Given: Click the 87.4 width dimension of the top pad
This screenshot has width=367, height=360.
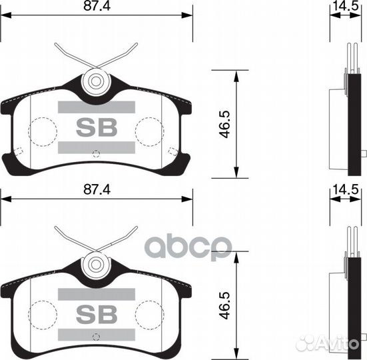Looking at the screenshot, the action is (x=97, y=6).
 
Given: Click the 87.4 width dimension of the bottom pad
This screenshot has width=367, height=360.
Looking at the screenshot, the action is (x=97, y=189).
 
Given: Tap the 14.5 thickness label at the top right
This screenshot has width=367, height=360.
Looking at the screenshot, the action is (x=346, y=6).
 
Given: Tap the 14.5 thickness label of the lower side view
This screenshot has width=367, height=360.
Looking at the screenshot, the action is (x=346, y=189).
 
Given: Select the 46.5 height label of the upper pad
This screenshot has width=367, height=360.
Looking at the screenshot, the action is (x=225, y=125).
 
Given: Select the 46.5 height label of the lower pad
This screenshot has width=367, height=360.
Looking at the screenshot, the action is (x=225, y=305).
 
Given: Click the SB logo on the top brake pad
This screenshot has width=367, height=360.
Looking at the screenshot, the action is (x=97, y=127).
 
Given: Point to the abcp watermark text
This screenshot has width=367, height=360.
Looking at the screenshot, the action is (x=188, y=247).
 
